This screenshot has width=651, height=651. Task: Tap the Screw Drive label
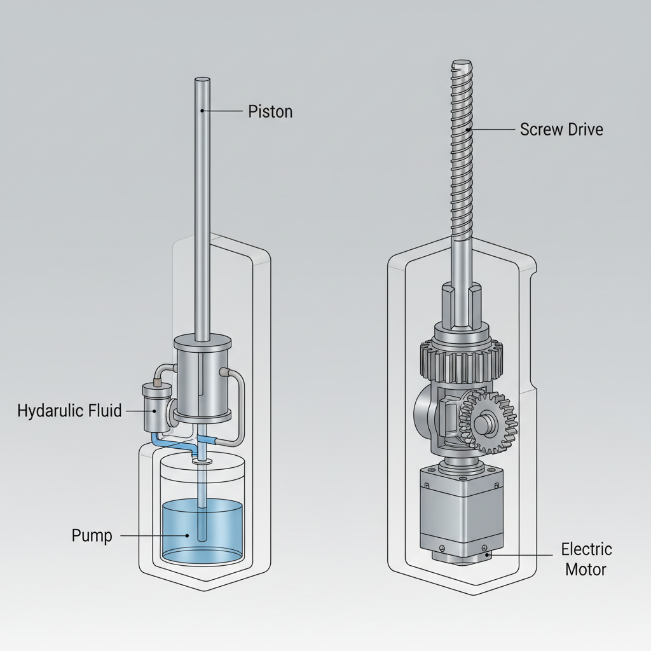[561, 129]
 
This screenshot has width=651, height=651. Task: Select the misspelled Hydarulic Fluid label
[69, 411]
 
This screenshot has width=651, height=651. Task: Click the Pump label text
[92, 536]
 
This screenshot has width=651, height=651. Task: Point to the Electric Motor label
[586, 559]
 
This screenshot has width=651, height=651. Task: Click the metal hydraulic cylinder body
[202, 375]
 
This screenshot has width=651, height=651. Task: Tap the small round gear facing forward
[488, 423]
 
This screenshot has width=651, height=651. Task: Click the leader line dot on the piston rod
[202, 111]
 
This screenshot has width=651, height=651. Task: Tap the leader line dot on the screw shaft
[469, 129]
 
